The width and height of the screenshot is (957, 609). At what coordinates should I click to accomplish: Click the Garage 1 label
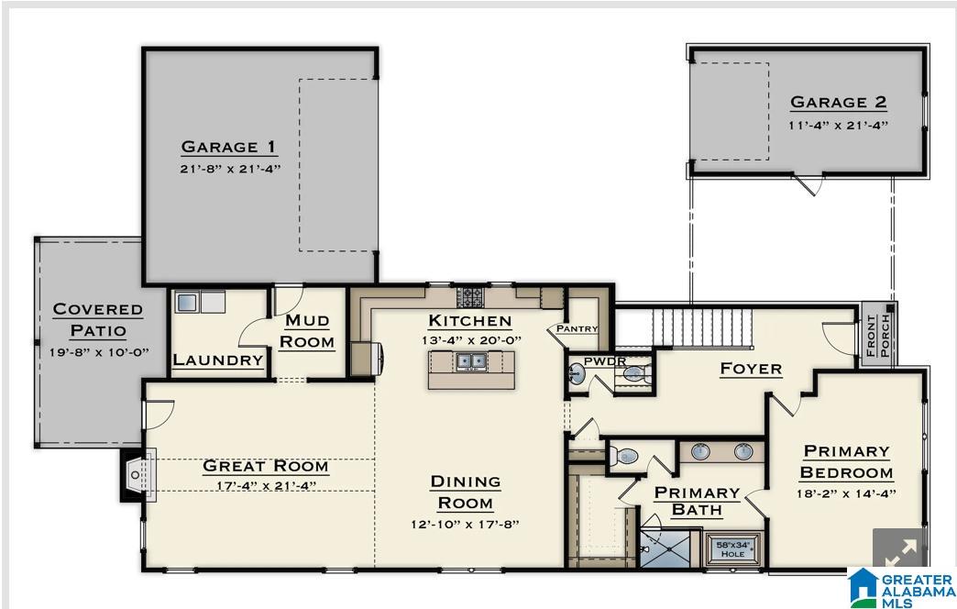[x=228, y=147]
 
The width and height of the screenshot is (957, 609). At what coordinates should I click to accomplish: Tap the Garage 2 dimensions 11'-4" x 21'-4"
[x=838, y=125]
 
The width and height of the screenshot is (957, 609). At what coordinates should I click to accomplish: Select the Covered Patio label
[x=98, y=319]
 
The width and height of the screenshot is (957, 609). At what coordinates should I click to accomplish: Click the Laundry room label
[x=218, y=360]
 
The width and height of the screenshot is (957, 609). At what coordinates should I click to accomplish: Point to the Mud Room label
[x=307, y=331]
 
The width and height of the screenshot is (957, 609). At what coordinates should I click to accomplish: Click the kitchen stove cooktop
[x=470, y=296]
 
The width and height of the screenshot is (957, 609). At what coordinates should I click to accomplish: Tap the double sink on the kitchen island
[x=471, y=361]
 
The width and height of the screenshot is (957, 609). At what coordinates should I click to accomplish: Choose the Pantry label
[x=577, y=328]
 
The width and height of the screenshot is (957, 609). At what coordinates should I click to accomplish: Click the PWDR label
[x=604, y=361]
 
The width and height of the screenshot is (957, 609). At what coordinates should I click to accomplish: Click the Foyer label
[x=750, y=369]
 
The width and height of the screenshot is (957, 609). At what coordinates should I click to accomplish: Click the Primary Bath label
[x=697, y=501]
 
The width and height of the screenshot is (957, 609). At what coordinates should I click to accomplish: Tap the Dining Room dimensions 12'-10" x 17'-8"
[x=465, y=525]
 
